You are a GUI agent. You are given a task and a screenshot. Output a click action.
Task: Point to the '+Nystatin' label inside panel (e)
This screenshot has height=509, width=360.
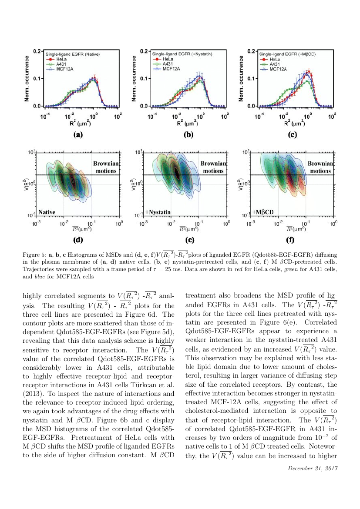158,212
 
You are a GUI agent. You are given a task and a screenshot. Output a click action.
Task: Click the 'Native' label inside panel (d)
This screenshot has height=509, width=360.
47,212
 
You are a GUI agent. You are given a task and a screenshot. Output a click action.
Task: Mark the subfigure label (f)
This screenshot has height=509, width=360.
290,239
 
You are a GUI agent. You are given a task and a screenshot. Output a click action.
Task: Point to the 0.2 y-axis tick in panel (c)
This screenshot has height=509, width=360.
251,51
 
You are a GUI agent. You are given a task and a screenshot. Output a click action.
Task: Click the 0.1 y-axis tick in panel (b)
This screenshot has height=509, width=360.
144,79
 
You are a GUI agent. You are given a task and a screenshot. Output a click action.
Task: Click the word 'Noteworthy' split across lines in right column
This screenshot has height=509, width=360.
327,446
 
